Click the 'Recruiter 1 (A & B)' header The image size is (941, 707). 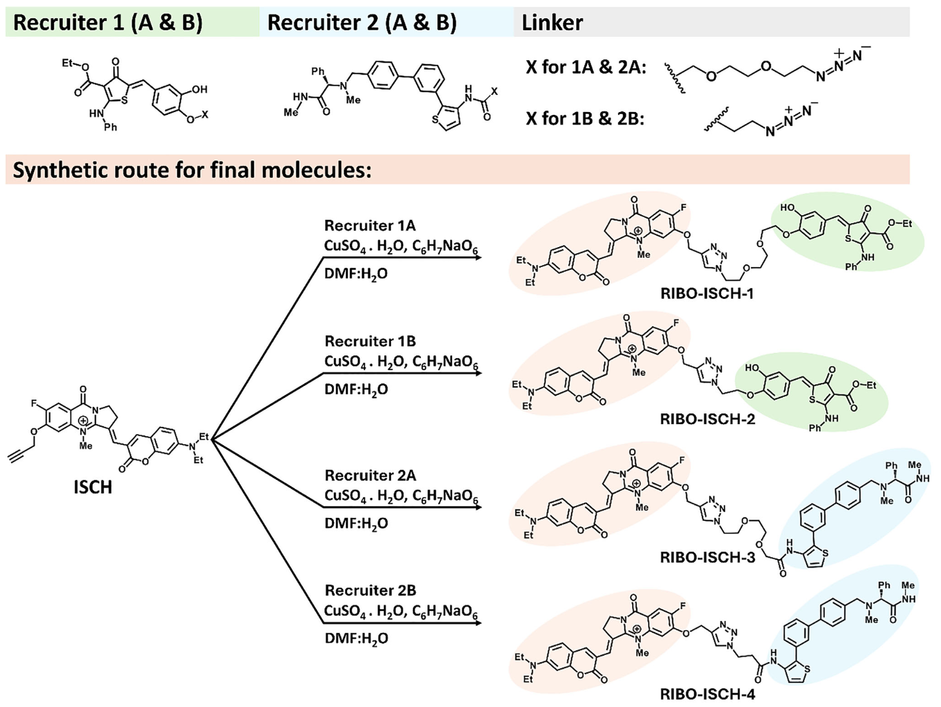click(108, 23)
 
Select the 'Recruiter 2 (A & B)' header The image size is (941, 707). click(362, 23)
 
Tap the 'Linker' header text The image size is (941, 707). click(552, 23)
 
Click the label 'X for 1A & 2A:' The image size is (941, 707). click(585, 67)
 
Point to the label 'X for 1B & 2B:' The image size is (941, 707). click(584, 119)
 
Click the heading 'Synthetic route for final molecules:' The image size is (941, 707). click(192, 170)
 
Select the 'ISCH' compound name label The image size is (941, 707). click(93, 487)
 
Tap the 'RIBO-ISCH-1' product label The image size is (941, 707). click(707, 294)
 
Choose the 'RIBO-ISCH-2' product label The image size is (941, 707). click(707, 420)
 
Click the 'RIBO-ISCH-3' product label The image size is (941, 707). click(707, 557)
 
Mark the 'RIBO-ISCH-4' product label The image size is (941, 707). click(707, 694)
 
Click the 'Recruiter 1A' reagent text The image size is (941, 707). click(370, 225)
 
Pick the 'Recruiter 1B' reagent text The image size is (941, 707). click(370, 341)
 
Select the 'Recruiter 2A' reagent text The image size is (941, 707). click(370, 475)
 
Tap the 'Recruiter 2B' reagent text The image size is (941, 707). click(370, 590)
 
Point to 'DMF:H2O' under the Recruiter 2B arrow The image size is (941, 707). click(356, 639)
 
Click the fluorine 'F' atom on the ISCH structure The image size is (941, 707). click(35, 404)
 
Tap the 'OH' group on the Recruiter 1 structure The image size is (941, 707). click(199, 89)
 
